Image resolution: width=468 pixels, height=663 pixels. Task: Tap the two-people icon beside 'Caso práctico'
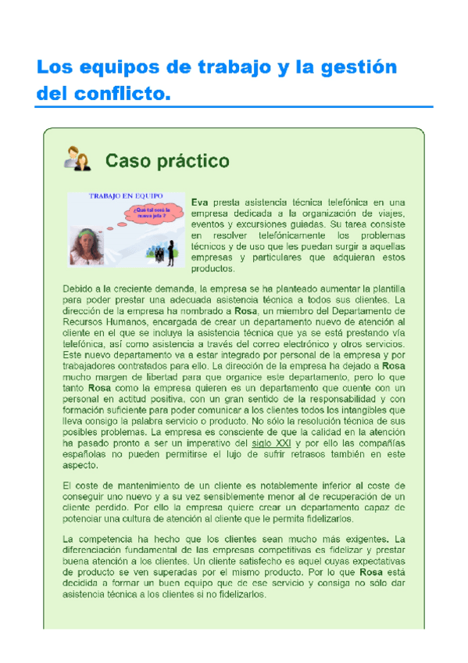click(x=77, y=159)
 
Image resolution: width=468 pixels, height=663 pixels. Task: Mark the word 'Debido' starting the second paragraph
click(x=80, y=288)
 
